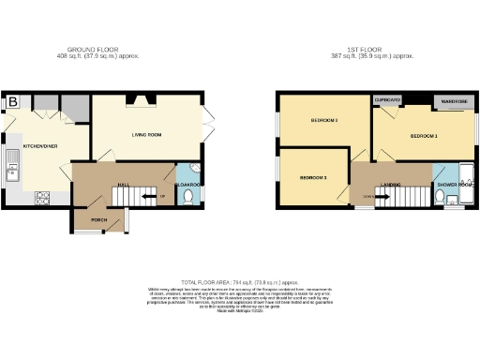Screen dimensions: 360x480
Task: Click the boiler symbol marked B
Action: [x=12, y=102]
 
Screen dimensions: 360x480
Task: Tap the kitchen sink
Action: [x=12, y=171]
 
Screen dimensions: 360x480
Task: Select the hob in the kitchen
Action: [x=41, y=198]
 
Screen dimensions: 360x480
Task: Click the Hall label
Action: [x=122, y=185]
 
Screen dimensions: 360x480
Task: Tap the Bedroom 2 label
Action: [x=323, y=120]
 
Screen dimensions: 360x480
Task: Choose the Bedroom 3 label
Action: [x=312, y=177]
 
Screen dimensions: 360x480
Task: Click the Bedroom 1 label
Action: [x=424, y=136]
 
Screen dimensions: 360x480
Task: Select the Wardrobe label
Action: [x=454, y=100]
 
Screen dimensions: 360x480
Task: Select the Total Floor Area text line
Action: [x=240, y=282]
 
